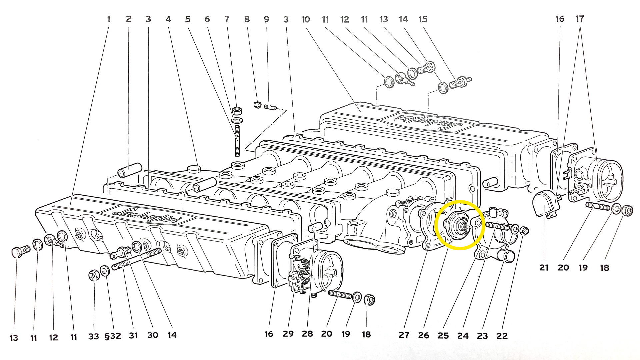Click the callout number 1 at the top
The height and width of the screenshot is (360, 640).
109,19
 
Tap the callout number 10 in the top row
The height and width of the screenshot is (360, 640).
305,20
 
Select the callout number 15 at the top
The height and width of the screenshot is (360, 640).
423,19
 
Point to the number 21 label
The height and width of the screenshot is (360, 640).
544,268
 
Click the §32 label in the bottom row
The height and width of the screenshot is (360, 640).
113,336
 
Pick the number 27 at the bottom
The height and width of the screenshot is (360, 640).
404,335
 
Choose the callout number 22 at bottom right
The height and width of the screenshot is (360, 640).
502,336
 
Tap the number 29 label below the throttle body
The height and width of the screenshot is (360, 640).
288,334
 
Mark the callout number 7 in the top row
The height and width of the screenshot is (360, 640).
227,19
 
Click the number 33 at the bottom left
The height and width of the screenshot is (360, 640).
94,337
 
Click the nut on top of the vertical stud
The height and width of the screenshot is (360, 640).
237,111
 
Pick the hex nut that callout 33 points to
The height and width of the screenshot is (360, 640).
94,275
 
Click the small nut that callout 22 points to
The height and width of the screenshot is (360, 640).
524,230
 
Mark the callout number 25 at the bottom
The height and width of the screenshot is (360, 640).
443,336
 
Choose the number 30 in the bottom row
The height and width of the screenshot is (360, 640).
153,335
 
